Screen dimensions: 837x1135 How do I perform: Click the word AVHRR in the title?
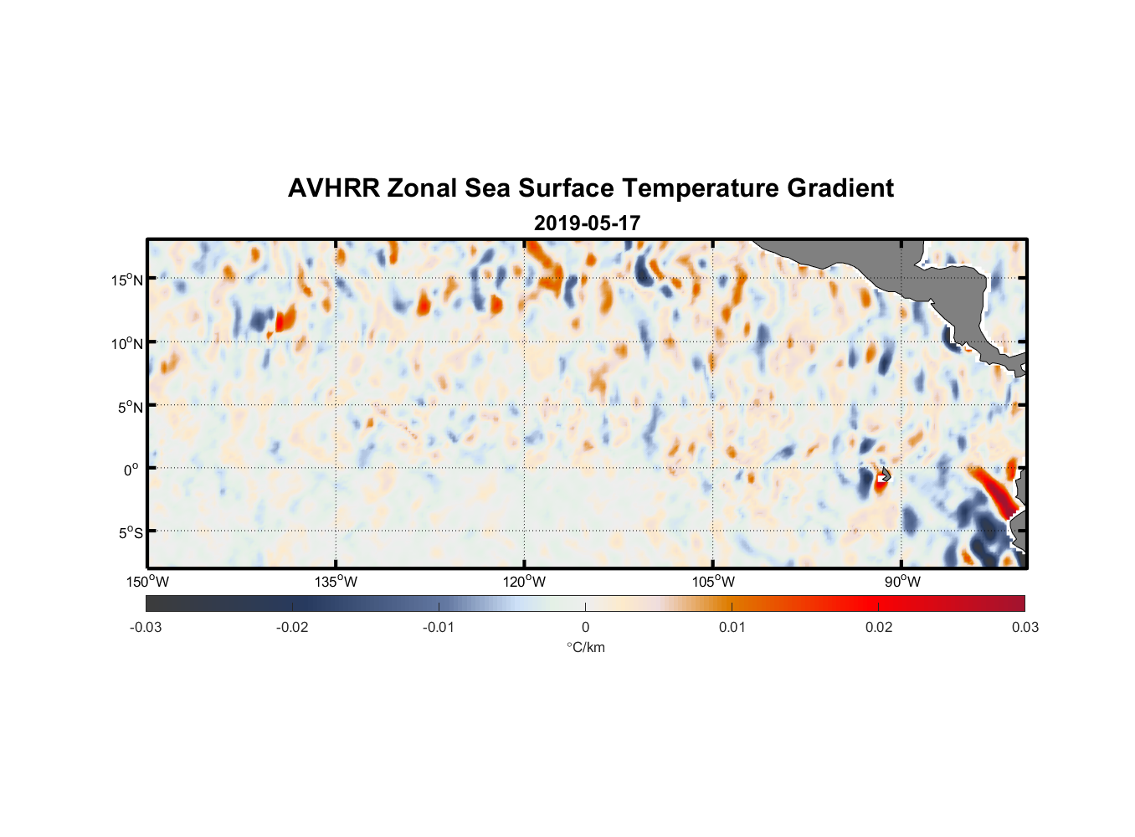(333, 188)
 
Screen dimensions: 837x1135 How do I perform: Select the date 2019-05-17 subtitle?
(587, 223)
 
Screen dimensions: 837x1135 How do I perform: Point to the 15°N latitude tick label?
(127, 280)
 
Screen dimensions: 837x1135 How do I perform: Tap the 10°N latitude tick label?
(127, 343)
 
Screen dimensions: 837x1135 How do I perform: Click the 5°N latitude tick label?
(127, 407)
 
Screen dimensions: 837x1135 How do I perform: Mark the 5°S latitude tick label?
(127, 533)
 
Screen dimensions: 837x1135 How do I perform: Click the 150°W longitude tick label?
(148, 582)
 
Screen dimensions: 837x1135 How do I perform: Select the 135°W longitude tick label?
(336, 582)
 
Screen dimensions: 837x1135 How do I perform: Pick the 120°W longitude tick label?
(525, 582)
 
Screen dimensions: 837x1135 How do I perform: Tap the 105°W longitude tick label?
(713, 582)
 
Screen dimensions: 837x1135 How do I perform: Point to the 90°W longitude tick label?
(901, 582)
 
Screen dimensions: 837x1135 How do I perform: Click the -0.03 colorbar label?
(146, 627)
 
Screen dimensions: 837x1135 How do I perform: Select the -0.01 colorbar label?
(439, 627)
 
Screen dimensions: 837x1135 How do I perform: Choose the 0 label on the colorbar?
(585, 627)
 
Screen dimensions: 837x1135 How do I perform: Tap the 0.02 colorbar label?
(879, 627)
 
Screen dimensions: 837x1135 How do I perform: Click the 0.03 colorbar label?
(1025, 627)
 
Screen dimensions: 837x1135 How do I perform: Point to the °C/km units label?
(585, 647)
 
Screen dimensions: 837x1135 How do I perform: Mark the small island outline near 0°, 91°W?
(886, 475)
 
